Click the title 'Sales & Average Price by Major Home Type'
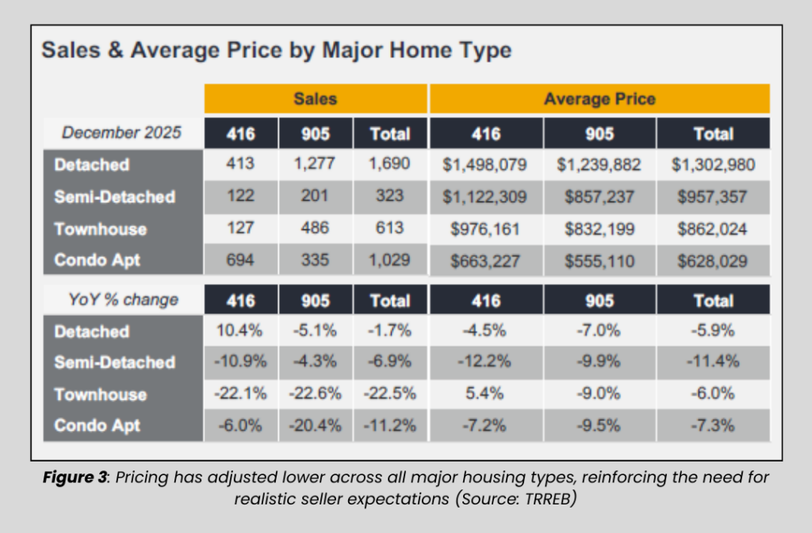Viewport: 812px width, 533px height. (276, 51)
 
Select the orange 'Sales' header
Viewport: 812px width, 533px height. (315, 99)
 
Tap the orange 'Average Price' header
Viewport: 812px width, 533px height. (599, 99)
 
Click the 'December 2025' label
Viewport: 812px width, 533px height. (121, 132)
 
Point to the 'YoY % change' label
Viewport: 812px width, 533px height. (121, 300)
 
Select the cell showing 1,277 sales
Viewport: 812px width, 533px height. (315, 165)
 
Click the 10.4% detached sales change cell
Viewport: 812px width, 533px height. (240, 331)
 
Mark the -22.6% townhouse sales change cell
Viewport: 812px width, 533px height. (315, 393)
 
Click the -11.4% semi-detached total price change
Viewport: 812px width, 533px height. (713, 362)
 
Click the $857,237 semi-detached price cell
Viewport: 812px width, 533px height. (599, 196)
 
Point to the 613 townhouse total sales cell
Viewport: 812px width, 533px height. (389, 228)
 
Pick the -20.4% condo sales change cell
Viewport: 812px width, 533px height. (315, 425)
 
